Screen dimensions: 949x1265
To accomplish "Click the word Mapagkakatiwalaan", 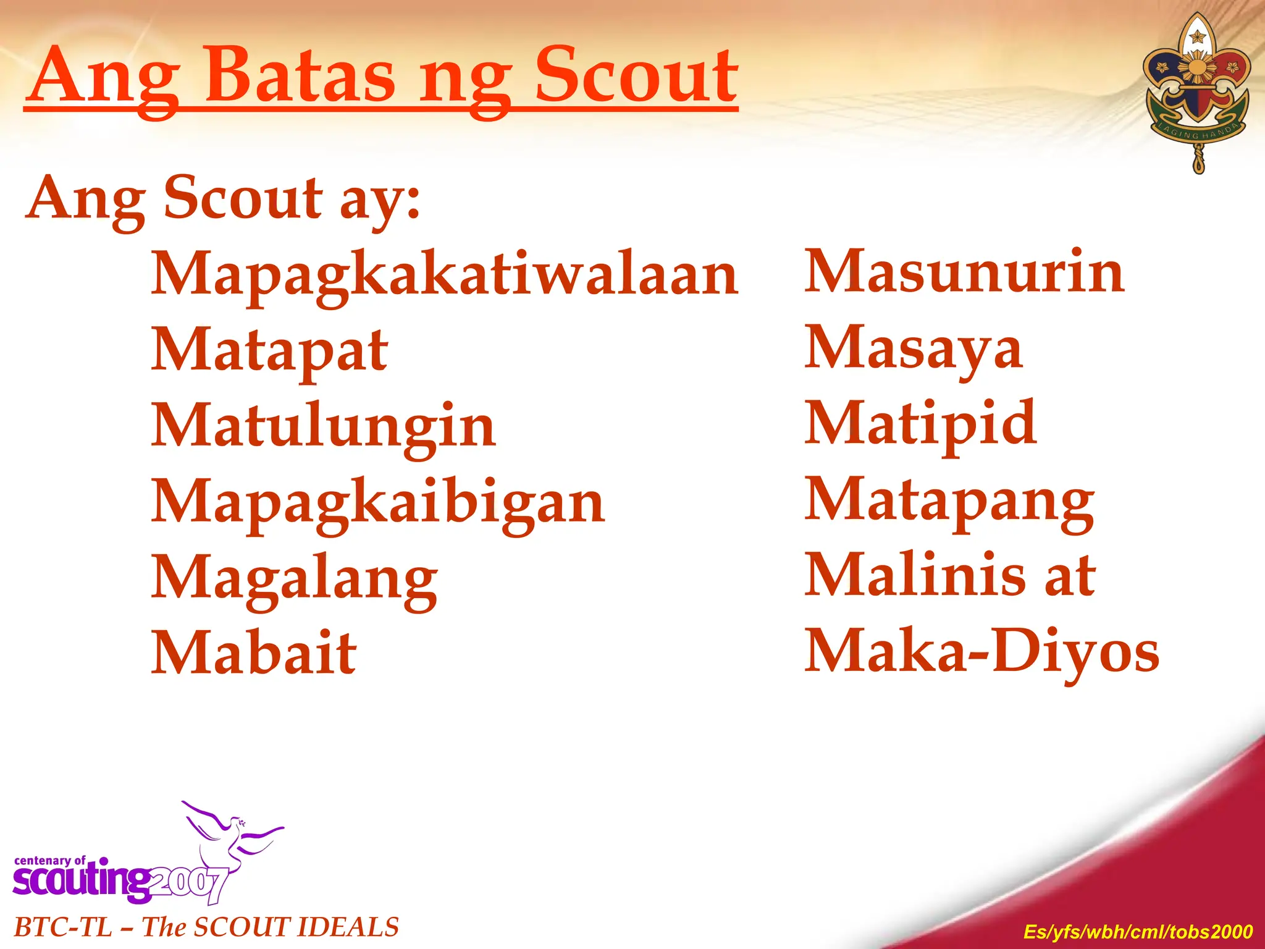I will pos(445,275).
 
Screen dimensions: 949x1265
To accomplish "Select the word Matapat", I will pos(269,351).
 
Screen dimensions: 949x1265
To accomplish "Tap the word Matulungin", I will pos(323,426).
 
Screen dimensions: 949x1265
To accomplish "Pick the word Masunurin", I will pos(964,272).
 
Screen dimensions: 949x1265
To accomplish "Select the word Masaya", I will pos(914,348).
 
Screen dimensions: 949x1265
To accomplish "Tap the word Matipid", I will pos(921,424).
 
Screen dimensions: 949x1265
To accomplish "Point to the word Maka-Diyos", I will pos(982,651).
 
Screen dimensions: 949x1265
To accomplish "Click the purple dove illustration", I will pos(232,831).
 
